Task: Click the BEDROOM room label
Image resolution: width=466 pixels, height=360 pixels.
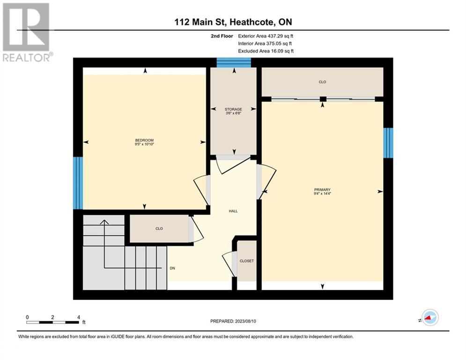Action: click(144, 141)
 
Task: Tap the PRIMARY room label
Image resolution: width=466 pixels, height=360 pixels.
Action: click(322, 189)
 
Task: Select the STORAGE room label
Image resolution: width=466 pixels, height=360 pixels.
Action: click(233, 109)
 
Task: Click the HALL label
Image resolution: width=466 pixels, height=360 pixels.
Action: click(233, 211)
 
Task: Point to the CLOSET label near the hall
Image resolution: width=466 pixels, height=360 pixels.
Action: click(246, 261)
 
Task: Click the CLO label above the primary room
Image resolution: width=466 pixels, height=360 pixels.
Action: click(322, 82)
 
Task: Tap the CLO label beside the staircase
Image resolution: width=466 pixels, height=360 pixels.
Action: click(159, 229)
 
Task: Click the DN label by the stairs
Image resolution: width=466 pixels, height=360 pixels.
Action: click(172, 269)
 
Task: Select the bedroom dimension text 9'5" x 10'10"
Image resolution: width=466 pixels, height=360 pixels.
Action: click(144, 145)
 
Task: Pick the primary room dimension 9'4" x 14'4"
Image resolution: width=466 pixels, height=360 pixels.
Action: click(322, 194)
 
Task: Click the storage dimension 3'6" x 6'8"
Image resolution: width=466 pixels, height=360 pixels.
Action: click(233, 113)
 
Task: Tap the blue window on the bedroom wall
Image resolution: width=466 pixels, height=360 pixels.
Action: click(78, 183)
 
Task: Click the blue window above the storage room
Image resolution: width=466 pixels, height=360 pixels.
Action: click(234, 62)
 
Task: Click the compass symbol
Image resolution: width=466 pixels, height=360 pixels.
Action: click(429, 317)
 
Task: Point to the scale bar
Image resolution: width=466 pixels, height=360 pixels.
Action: click(52, 322)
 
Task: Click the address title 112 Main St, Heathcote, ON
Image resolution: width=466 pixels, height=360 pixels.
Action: click(233, 22)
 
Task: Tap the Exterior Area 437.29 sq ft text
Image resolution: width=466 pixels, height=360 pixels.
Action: click(266, 36)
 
